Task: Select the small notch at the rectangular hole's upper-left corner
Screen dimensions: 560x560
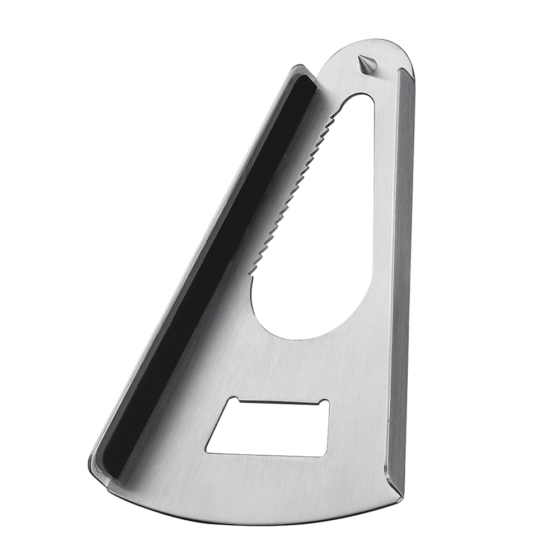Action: pyautogui.click(x=236, y=400)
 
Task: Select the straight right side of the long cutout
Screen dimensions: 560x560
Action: pyautogui.click(x=372, y=196)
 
